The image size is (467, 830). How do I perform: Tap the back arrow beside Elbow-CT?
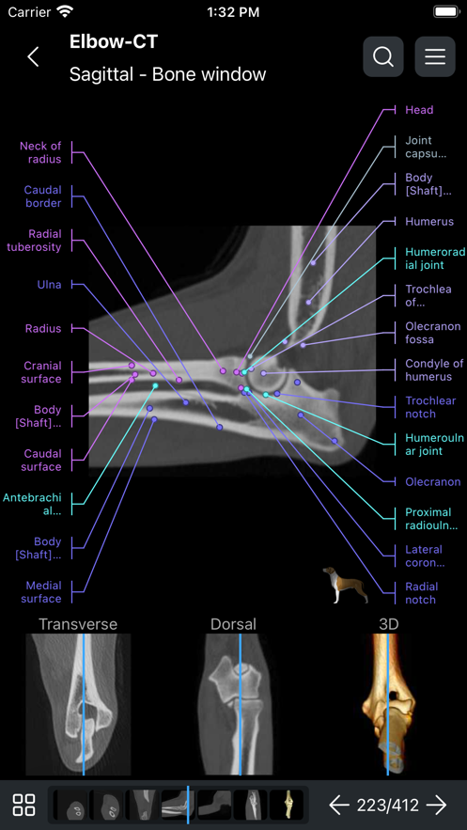click(33, 56)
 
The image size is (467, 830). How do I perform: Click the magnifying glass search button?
click(383, 56)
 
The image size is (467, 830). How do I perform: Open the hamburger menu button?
click(435, 56)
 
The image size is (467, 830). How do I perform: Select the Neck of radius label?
click(40, 152)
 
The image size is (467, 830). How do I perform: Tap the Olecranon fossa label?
click(432, 333)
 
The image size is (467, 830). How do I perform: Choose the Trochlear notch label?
click(430, 407)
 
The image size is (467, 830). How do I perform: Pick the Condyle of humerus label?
click(434, 370)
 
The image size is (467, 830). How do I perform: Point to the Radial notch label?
click(422, 593)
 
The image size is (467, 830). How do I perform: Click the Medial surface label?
click(41, 592)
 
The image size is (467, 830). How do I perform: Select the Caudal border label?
click(42, 196)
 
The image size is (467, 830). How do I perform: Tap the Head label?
click(419, 110)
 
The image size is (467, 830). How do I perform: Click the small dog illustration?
click(346, 585)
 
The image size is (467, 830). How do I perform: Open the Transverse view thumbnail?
click(78, 704)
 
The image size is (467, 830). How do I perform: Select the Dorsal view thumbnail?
click(233, 704)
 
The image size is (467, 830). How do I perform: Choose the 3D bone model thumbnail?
click(388, 704)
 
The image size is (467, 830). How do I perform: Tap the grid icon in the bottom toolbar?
click(23, 806)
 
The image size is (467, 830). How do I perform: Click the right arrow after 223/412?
click(437, 806)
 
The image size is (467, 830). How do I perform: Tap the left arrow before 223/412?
click(339, 806)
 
